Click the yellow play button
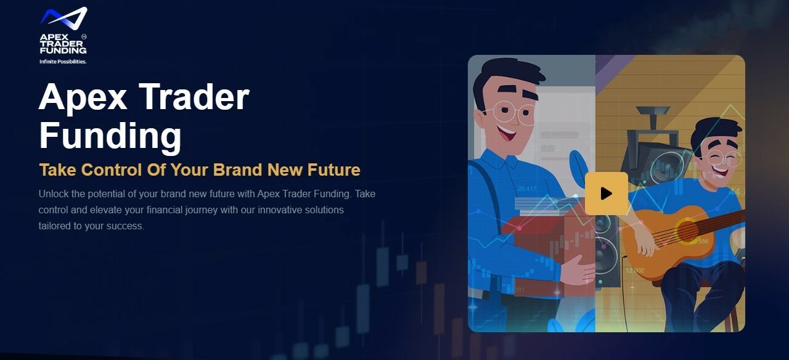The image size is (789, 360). pos(606,194)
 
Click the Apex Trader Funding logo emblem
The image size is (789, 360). pos(63,17)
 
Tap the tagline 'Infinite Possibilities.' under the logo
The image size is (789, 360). pos(63,62)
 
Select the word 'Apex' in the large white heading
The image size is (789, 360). pos(83,98)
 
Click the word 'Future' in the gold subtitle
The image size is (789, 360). pos(334,170)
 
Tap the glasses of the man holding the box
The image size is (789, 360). pos(511,113)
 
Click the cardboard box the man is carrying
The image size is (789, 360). pos(549,250)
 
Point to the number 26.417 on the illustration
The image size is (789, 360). pos(527,189)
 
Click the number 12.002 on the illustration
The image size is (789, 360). pos(635,270)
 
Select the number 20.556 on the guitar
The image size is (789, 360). pos(699,241)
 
